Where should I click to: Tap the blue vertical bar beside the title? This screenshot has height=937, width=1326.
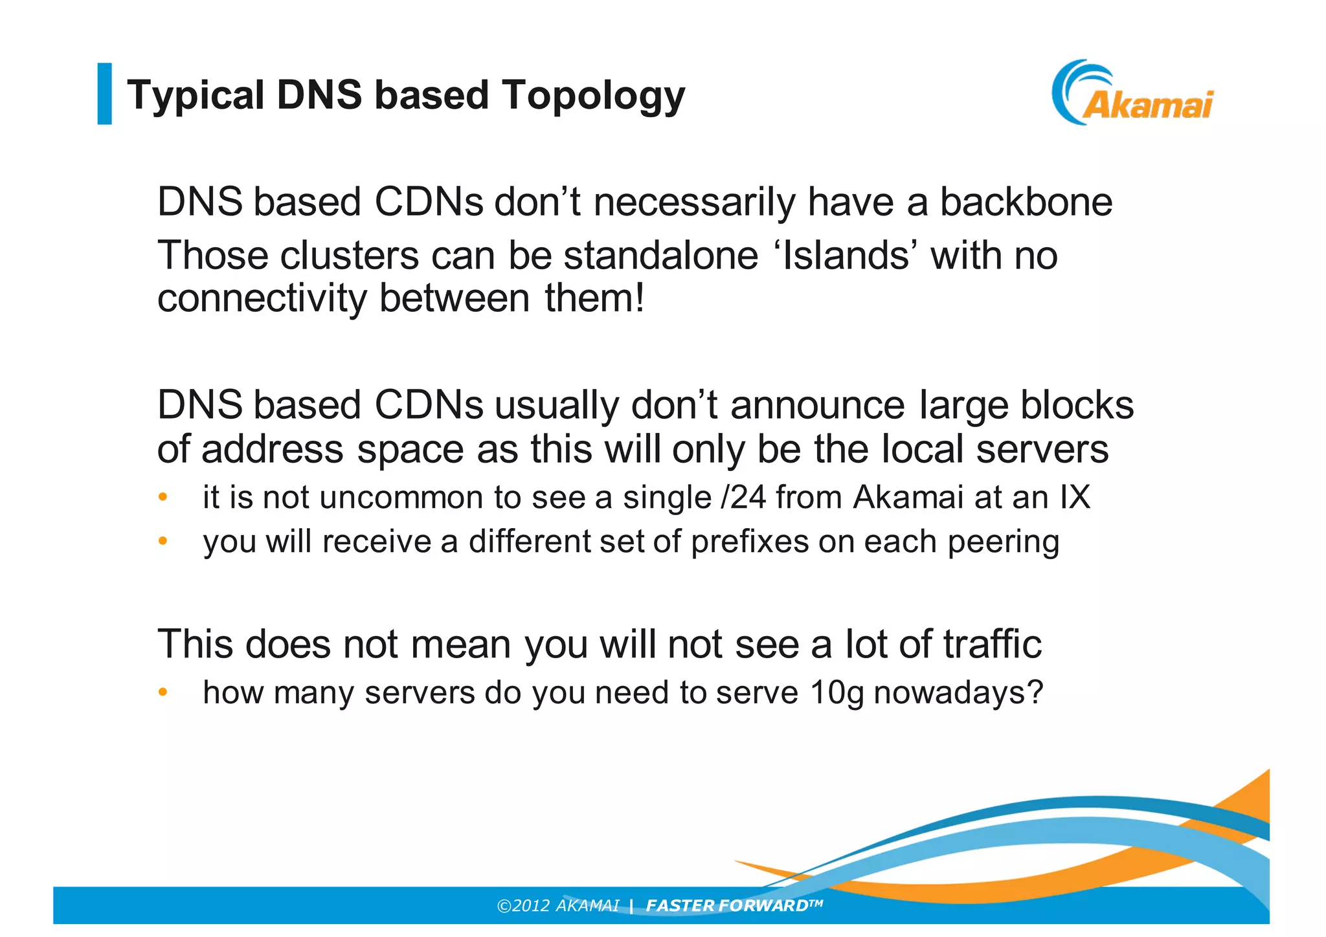pos(104,93)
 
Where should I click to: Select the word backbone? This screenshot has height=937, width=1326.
pos(1026,202)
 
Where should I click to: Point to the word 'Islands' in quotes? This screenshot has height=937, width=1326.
pos(845,255)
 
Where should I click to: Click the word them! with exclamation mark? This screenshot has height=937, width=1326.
pos(594,298)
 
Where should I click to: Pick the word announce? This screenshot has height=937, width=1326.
pos(818,406)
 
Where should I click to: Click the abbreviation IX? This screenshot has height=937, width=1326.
pos(1075,498)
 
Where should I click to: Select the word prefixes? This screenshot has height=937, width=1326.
pos(750,542)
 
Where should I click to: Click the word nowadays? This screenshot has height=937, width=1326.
pos(958,693)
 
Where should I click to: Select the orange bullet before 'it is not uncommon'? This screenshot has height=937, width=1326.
pos(163,498)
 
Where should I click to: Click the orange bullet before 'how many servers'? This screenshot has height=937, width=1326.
pos(163,692)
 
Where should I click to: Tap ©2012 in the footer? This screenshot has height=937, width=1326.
pos(523,905)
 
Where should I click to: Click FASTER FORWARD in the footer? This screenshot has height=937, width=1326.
pos(726,905)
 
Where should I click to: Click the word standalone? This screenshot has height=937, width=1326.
pos(660,255)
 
